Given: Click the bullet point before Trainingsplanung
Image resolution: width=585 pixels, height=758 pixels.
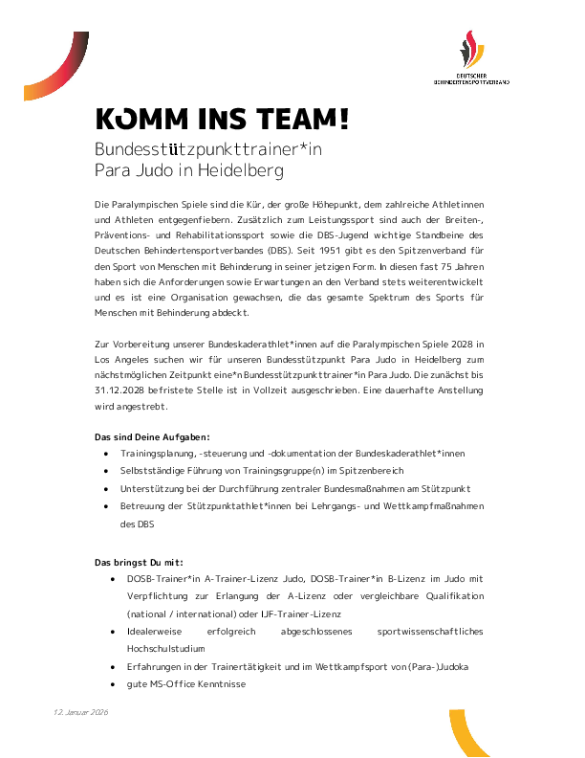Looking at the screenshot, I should coord(105,454).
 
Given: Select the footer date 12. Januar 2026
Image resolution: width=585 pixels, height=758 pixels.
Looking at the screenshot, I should coord(81,714).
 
